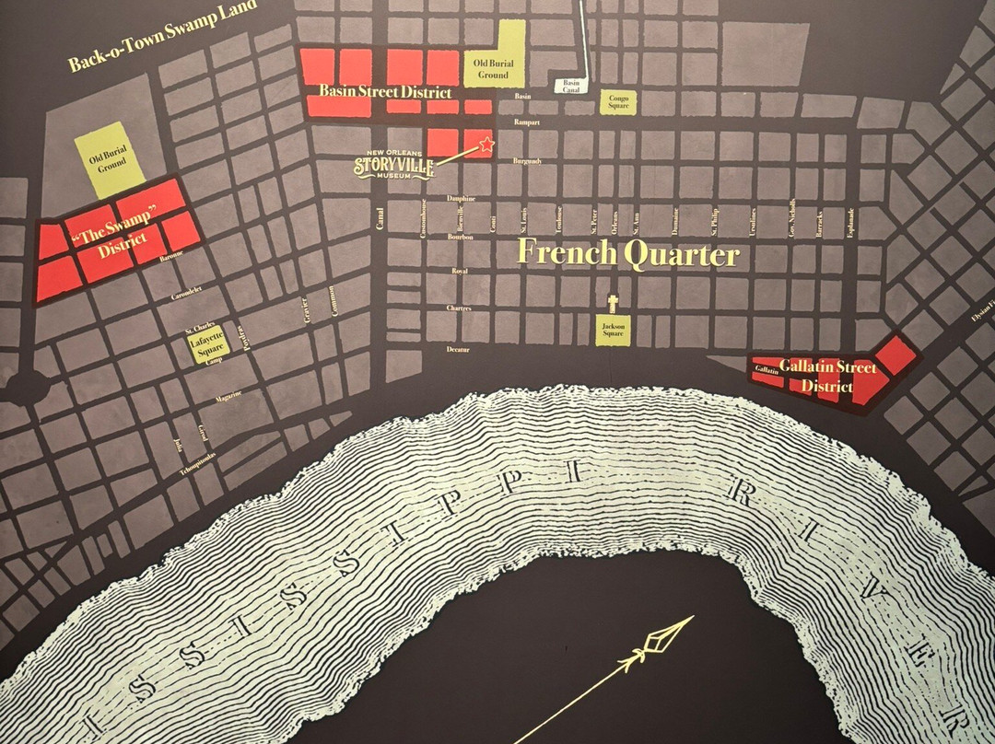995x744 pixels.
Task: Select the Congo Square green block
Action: point(618,103)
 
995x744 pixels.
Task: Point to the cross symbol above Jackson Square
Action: point(614,303)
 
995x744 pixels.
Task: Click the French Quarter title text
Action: point(628,253)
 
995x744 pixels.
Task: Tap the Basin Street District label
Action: point(385,92)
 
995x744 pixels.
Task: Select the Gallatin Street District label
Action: point(826,377)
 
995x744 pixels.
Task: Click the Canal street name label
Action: point(380,217)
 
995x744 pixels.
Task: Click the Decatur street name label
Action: point(458,350)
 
